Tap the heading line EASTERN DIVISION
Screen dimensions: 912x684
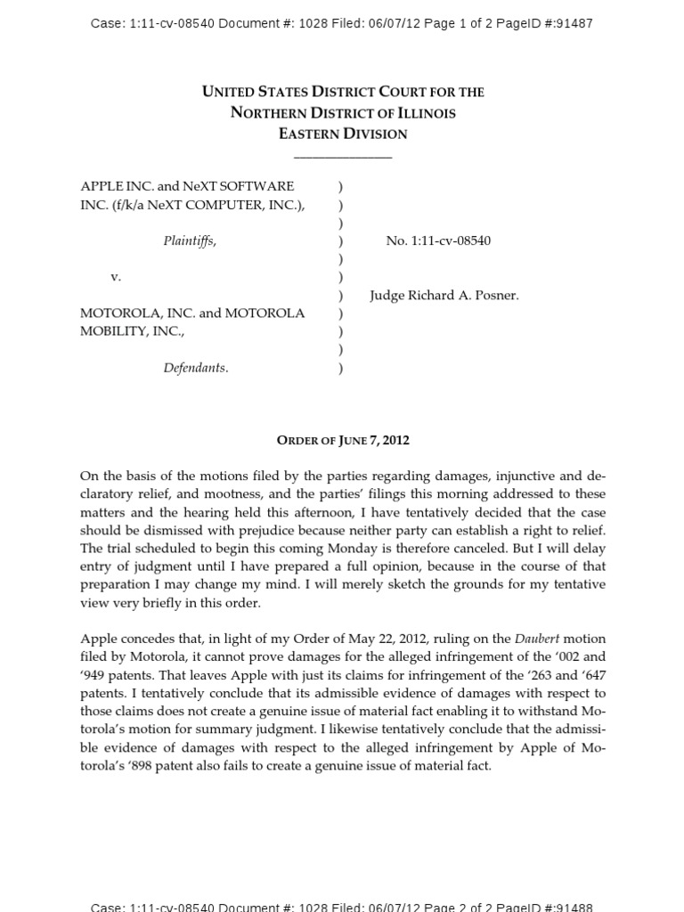click(x=343, y=134)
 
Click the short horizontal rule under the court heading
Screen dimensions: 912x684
click(x=343, y=157)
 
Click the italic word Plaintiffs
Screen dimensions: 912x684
click(x=189, y=240)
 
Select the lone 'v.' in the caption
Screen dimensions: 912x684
click(x=116, y=277)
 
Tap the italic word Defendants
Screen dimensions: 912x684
click(x=195, y=368)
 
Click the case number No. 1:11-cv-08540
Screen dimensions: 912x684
click(x=438, y=240)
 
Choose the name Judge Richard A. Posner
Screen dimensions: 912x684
click(x=444, y=295)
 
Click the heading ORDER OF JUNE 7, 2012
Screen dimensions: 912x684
click(x=343, y=440)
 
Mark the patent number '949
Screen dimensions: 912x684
click(x=94, y=675)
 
